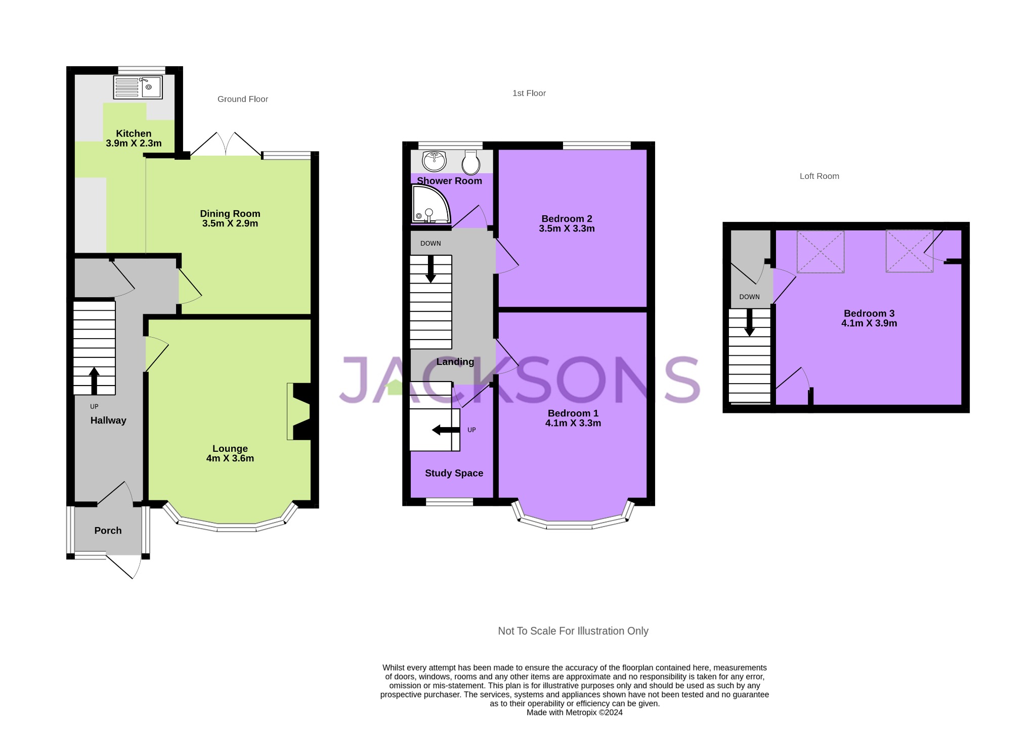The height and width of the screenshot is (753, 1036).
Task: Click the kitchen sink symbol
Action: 138,87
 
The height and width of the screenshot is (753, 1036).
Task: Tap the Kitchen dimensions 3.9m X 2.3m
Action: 134,143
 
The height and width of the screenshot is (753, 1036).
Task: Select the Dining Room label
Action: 230,213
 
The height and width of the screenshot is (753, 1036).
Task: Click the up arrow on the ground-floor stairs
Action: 94,381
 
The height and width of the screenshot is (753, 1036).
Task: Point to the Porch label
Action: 108,530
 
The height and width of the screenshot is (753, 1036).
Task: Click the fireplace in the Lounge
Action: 299,411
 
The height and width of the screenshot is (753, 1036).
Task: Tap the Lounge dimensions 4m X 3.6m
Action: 230,458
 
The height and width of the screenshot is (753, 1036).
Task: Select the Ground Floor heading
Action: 243,99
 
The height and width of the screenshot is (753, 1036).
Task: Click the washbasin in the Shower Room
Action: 434,161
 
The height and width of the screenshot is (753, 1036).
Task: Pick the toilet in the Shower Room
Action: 471,162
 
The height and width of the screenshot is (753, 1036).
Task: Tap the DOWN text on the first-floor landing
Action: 430,243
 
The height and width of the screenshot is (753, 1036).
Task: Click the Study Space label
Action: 454,473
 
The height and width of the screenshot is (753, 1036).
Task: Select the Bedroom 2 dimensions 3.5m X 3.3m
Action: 567,228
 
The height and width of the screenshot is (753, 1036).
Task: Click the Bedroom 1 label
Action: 573,413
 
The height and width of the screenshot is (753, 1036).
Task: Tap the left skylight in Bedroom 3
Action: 820,252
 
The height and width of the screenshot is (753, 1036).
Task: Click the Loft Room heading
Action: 819,176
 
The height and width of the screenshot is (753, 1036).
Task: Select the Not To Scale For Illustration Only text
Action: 573,631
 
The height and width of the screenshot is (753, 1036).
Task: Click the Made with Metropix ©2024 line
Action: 574,713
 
